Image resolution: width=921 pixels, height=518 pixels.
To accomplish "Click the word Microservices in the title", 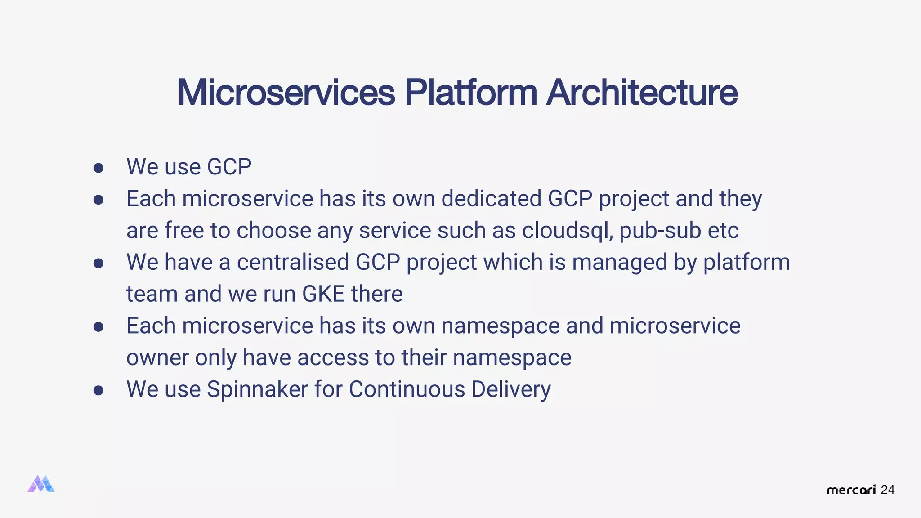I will click(286, 93).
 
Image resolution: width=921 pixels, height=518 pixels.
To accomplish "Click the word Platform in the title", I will click(471, 93).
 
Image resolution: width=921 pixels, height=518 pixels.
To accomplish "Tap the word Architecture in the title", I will click(642, 93).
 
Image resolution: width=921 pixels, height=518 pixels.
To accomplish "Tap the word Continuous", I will click(407, 389).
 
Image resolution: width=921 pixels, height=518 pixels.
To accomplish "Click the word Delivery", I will click(511, 389).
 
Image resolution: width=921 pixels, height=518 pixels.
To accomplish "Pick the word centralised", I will click(293, 262).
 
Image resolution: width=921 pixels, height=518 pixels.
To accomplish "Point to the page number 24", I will click(887, 490).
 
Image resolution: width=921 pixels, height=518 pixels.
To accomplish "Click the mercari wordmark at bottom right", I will click(851, 490).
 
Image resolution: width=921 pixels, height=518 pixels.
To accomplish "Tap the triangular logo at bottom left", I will click(41, 484).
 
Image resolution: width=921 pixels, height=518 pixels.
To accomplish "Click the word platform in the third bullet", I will click(747, 263).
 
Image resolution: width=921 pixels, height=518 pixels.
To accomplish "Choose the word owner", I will click(157, 358).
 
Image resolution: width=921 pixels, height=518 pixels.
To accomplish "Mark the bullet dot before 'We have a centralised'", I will click(98, 263).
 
